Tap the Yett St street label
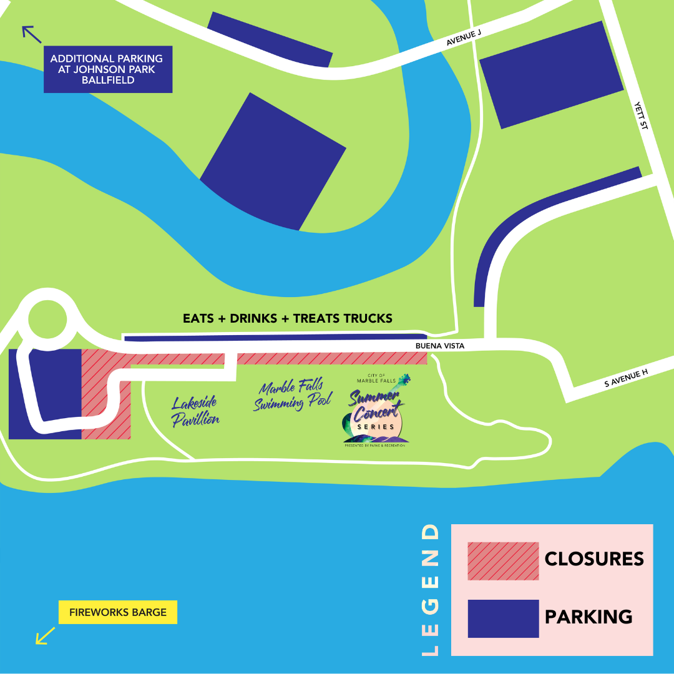coord(641,116)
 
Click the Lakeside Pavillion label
coord(195,412)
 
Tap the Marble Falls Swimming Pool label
coord(292,397)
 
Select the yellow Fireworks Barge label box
coord(118,612)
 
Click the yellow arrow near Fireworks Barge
coord(45,635)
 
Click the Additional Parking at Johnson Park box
coord(108,69)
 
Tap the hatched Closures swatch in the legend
coord(503,561)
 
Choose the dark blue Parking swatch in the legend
coord(503,618)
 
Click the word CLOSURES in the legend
coord(594,559)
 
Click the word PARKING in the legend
coord(589,617)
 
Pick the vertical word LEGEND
coord(431,590)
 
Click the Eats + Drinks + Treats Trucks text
coord(288,318)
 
